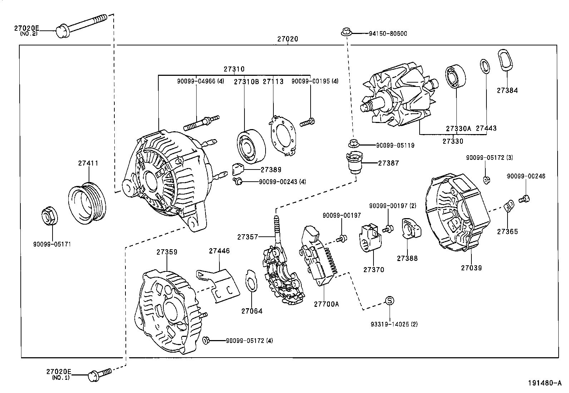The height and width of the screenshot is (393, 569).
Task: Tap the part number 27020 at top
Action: coord(288,39)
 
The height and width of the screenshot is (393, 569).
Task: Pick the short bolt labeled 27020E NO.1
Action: coord(100,373)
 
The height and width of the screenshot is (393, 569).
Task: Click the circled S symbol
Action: coord(390,301)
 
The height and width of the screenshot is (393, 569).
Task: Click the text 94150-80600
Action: coord(388,34)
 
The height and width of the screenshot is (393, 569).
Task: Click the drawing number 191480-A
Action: coord(544,383)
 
